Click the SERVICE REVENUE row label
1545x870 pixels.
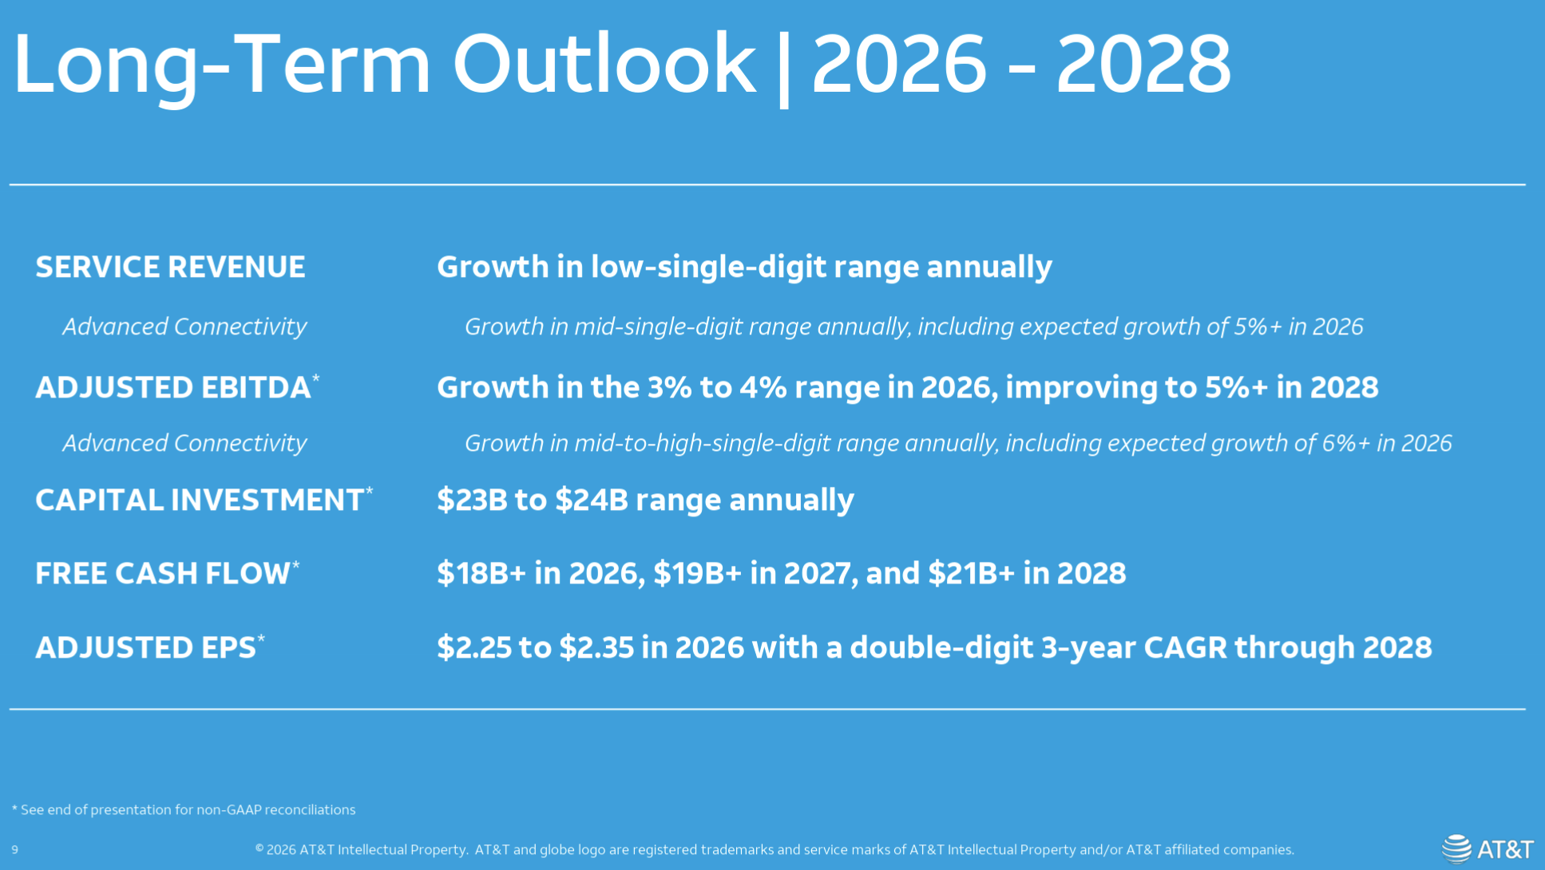(x=170, y=267)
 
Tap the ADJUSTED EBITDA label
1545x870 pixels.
(x=172, y=388)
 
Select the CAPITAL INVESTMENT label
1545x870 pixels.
(x=200, y=500)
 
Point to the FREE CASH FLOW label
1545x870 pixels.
(x=163, y=574)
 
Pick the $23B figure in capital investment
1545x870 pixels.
(x=472, y=500)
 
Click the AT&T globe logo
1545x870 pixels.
(x=1456, y=848)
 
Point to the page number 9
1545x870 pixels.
(x=15, y=850)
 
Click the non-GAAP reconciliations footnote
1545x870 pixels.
(x=184, y=810)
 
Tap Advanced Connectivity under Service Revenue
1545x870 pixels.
(x=184, y=327)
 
